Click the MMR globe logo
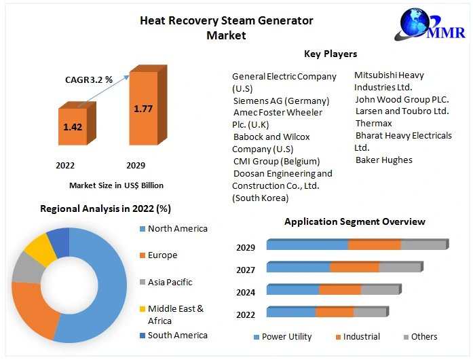click(416, 24)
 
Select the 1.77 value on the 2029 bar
click(143, 109)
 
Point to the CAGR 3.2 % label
click(89, 80)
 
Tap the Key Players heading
click(330, 54)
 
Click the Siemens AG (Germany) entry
click(281, 101)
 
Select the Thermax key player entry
click(374, 124)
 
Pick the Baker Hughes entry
click(383, 160)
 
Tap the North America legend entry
click(177, 229)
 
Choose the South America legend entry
click(177, 335)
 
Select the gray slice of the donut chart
click(25, 267)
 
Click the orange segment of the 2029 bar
click(374, 245)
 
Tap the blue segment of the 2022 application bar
click(291, 312)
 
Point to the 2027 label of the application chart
click(246, 270)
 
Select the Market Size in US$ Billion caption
click(116, 185)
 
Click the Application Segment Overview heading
click(355, 222)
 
